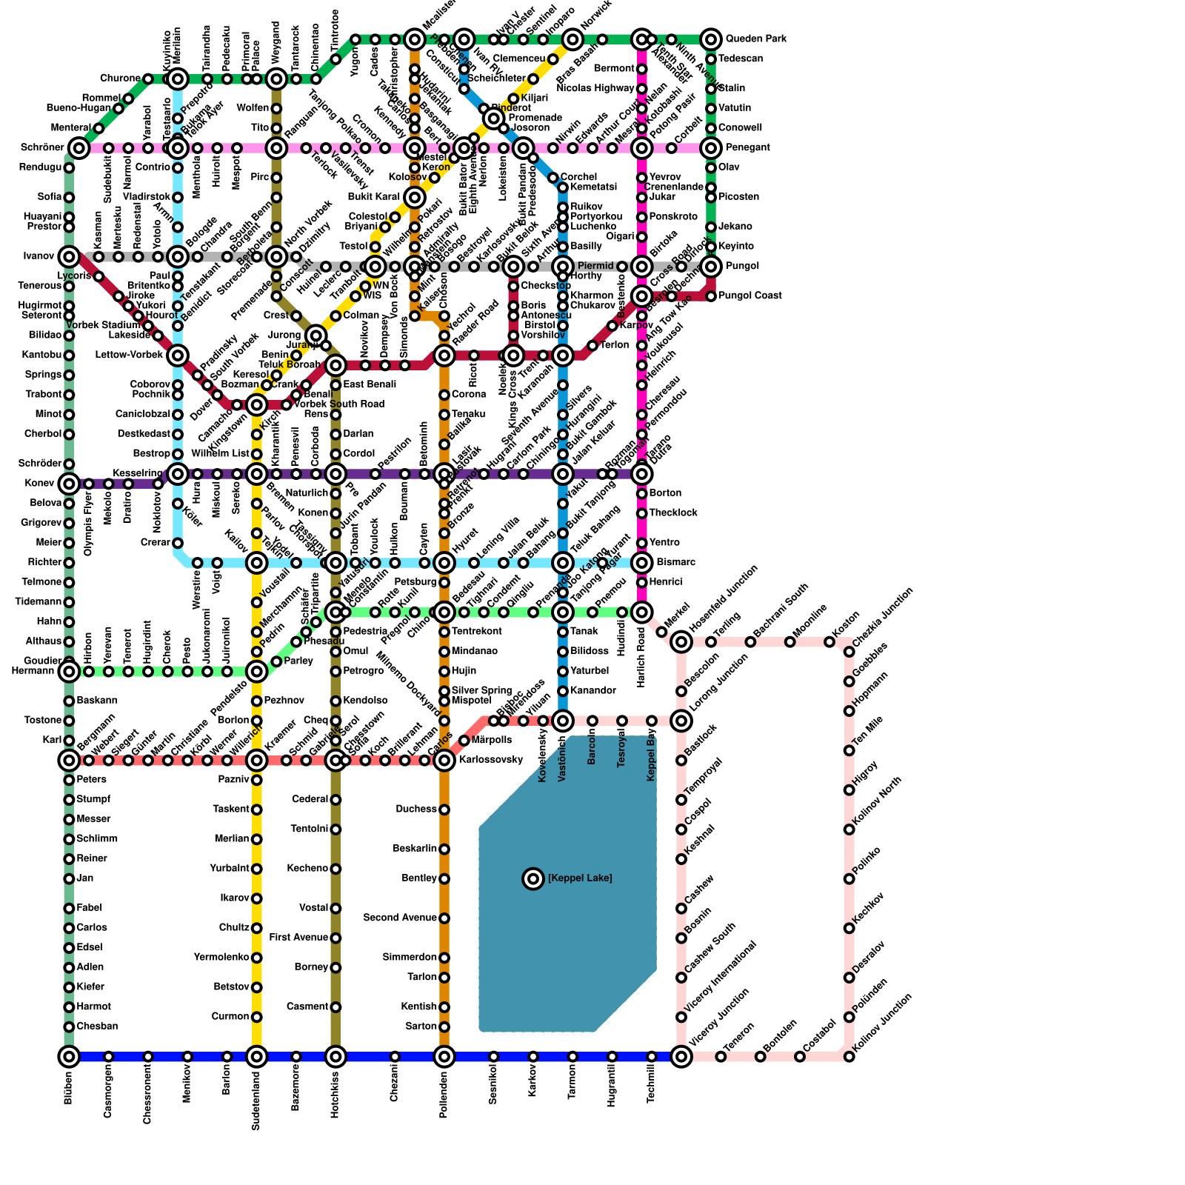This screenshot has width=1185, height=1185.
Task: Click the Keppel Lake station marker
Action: point(533,878)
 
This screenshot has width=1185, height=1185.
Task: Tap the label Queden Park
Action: point(755,39)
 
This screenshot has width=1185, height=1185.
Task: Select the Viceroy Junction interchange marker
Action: point(681,1056)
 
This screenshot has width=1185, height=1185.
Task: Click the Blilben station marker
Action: point(69,1056)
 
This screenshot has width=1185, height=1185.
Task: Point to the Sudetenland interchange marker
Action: point(256,1056)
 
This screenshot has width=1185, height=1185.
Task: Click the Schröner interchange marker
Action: point(79,148)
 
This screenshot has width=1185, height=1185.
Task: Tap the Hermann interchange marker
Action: point(69,672)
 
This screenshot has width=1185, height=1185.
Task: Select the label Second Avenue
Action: point(400,918)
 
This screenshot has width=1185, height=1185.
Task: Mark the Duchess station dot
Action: point(444,810)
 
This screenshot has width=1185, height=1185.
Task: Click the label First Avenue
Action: point(298,938)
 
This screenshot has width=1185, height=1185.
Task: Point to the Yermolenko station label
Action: point(221,958)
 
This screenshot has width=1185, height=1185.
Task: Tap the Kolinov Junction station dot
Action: point(849,1056)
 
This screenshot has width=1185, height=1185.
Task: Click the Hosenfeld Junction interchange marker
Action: point(681,641)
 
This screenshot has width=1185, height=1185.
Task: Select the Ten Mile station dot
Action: point(849,750)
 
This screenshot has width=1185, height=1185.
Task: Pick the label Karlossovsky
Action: point(491,760)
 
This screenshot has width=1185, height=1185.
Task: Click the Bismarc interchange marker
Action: point(642,563)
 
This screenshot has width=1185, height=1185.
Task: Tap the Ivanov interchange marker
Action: point(69,257)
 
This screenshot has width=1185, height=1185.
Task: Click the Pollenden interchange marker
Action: point(444,1056)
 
